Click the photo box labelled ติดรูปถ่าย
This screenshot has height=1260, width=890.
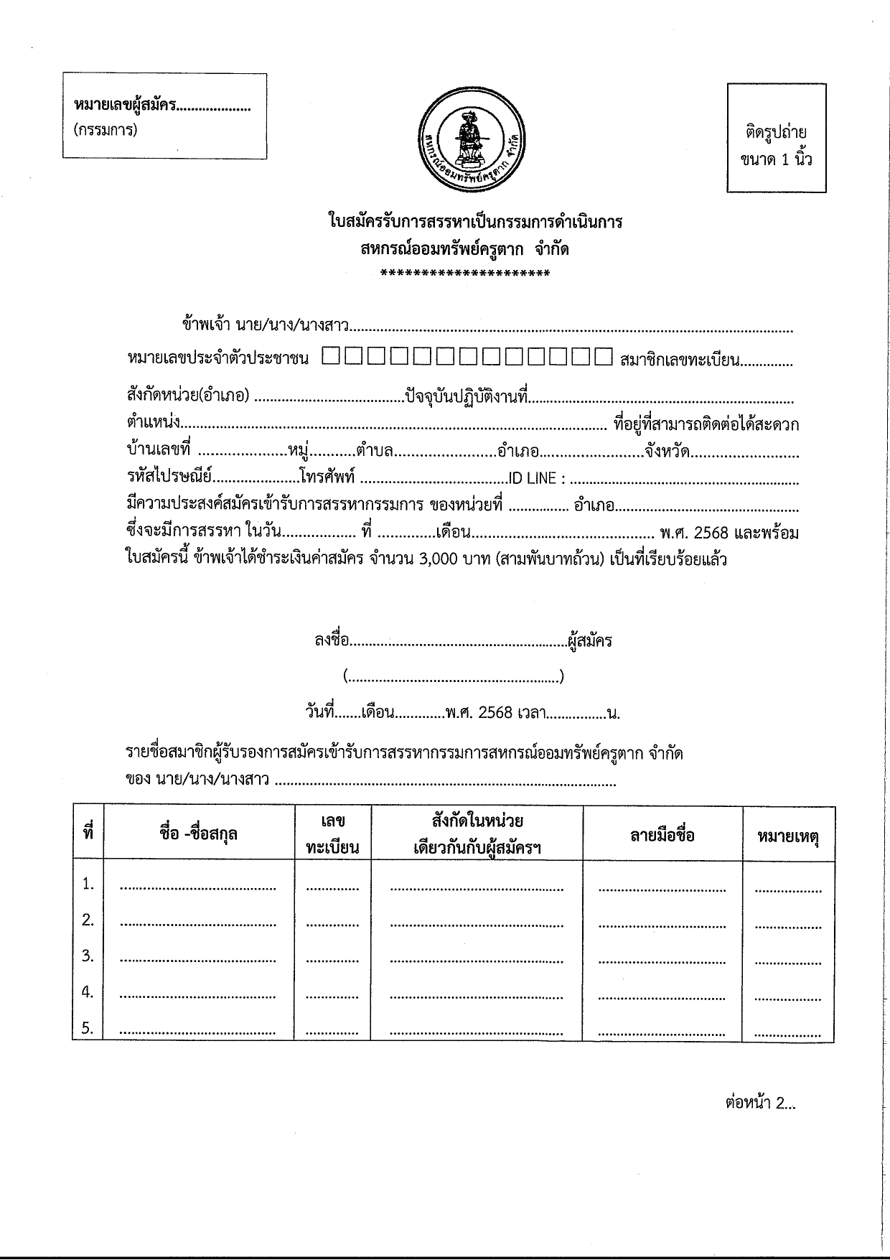(x=776, y=138)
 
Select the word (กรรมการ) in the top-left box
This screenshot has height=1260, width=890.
(x=105, y=130)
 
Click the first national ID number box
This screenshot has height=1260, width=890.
(x=332, y=357)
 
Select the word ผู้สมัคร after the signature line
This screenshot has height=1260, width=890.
(x=589, y=640)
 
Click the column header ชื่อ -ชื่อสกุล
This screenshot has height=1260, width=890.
(x=199, y=834)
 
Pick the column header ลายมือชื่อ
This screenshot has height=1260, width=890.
(x=662, y=835)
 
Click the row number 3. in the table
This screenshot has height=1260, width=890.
(x=88, y=956)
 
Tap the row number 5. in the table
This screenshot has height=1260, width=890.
(x=88, y=1027)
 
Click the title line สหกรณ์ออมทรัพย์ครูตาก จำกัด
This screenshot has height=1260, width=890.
(x=465, y=249)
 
